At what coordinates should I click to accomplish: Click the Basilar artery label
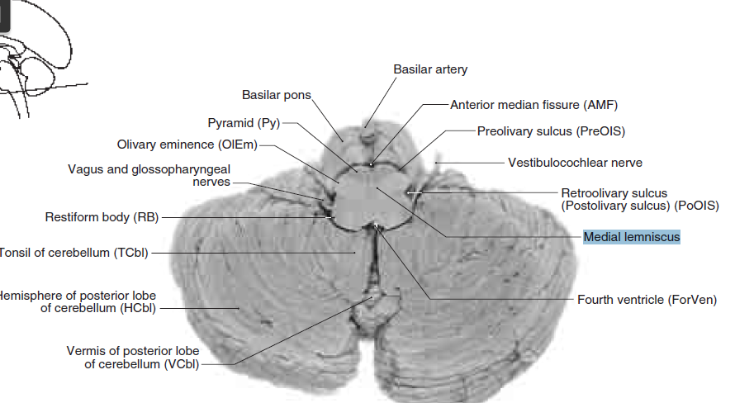(430, 69)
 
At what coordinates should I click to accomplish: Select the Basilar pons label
(276, 95)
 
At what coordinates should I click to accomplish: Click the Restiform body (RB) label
(101, 217)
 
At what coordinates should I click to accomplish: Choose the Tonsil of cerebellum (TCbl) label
(74, 252)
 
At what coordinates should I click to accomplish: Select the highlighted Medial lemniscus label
(631, 237)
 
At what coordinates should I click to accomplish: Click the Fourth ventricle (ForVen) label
(647, 299)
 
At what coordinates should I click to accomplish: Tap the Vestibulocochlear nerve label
(575, 163)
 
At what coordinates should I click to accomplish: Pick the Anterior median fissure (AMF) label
(533, 105)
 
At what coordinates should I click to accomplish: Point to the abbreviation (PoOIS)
(696, 205)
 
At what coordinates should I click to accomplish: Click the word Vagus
(85, 169)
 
